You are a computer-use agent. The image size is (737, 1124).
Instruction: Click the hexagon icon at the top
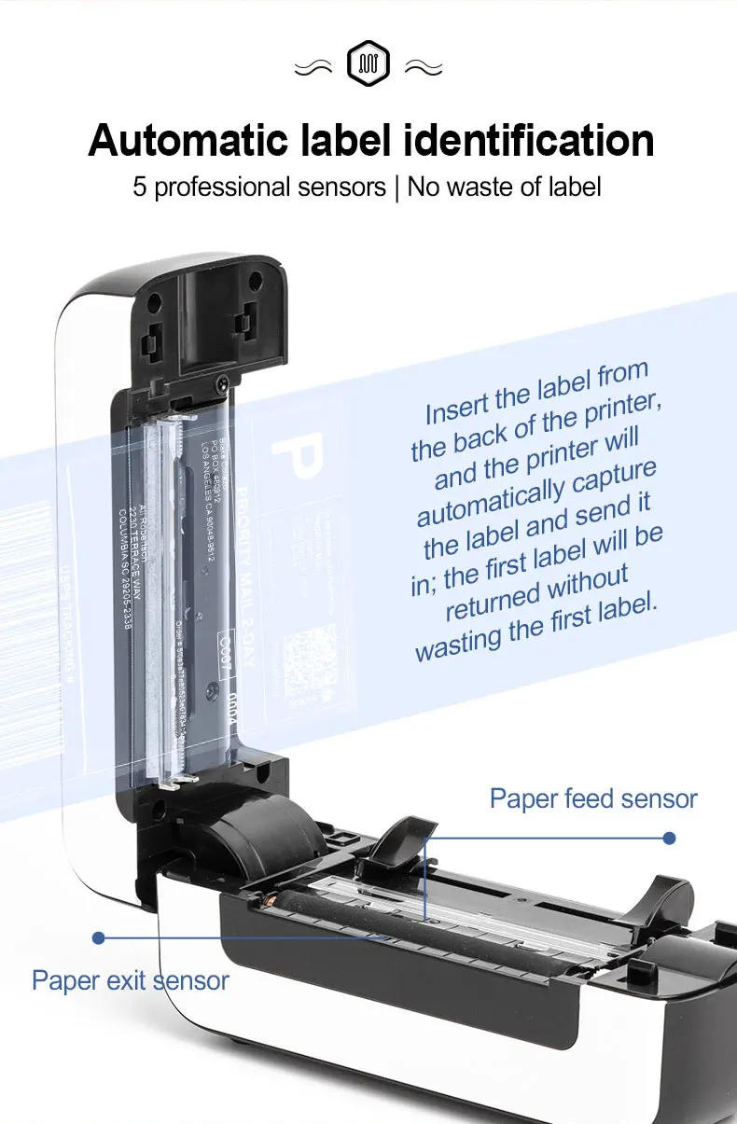coord(368,64)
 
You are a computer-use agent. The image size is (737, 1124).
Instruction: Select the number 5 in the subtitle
coord(140,187)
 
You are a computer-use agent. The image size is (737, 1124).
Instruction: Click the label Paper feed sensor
coord(593,798)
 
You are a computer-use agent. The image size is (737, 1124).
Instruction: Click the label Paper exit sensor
coord(131,980)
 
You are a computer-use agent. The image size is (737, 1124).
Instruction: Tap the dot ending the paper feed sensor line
coord(669,838)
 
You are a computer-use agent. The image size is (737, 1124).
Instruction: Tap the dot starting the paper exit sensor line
coord(98,937)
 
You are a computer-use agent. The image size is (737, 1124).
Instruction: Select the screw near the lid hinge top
coord(222,382)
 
